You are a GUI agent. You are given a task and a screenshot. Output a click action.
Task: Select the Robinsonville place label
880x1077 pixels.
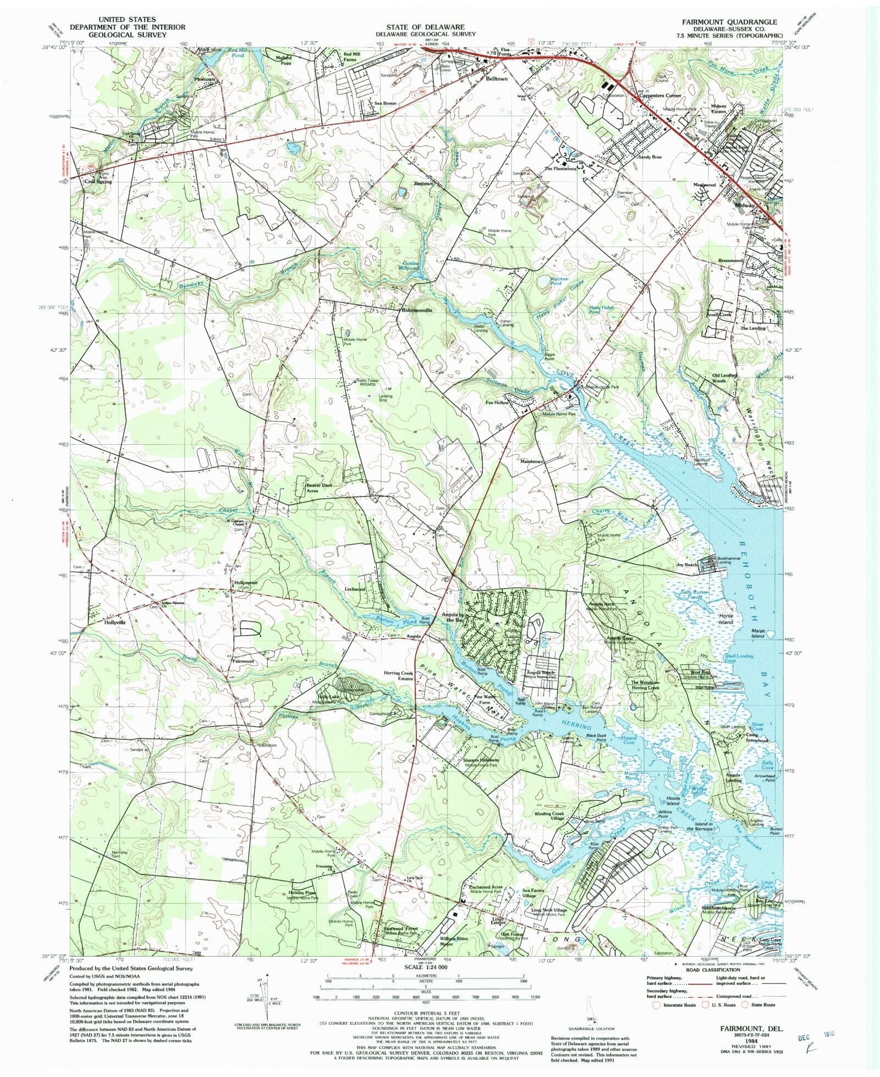pyautogui.click(x=417, y=310)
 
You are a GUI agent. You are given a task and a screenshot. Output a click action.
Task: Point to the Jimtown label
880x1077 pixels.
pyautogui.click(x=424, y=184)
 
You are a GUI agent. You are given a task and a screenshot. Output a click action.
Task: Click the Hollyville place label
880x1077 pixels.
pyautogui.click(x=115, y=622)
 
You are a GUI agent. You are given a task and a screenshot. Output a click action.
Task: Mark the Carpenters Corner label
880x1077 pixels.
pyautogui.click(x=660, y=96)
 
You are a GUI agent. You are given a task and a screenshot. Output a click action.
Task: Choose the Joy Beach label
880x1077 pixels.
pyautogui.click(x=687, y=565)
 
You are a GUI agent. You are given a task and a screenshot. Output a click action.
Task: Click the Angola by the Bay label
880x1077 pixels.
pyautogui.click(x=454, y=617)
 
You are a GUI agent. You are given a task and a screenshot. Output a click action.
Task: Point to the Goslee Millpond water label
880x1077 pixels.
pyautogui.click(x=409, y=266)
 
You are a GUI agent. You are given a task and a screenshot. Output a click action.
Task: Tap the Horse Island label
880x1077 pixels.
pyautogui.click(x=726, y=619)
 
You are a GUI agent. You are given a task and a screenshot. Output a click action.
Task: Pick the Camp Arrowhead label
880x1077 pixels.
pyautogui.click(x=757, y=737)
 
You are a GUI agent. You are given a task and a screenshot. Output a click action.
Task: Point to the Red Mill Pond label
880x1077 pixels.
pyautogui.click(x=237, y=52)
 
